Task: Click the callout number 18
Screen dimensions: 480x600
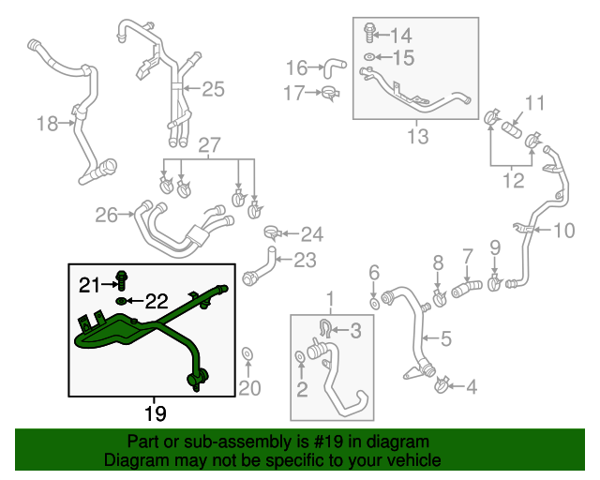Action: click(47, 123)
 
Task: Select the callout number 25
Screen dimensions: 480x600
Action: click(213, 89)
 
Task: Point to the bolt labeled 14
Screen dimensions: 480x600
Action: click(368, 35)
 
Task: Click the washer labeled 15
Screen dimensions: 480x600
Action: click(369, 58)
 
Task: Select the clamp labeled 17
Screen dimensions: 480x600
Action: click(329, 92)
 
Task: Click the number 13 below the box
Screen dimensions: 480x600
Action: click(417, 137)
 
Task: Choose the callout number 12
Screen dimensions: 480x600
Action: click(512, 181)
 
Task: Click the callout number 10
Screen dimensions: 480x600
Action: click(564, 230)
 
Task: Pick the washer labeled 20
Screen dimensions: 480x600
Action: click(247, 354)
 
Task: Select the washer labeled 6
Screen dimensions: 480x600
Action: click(374, 303)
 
